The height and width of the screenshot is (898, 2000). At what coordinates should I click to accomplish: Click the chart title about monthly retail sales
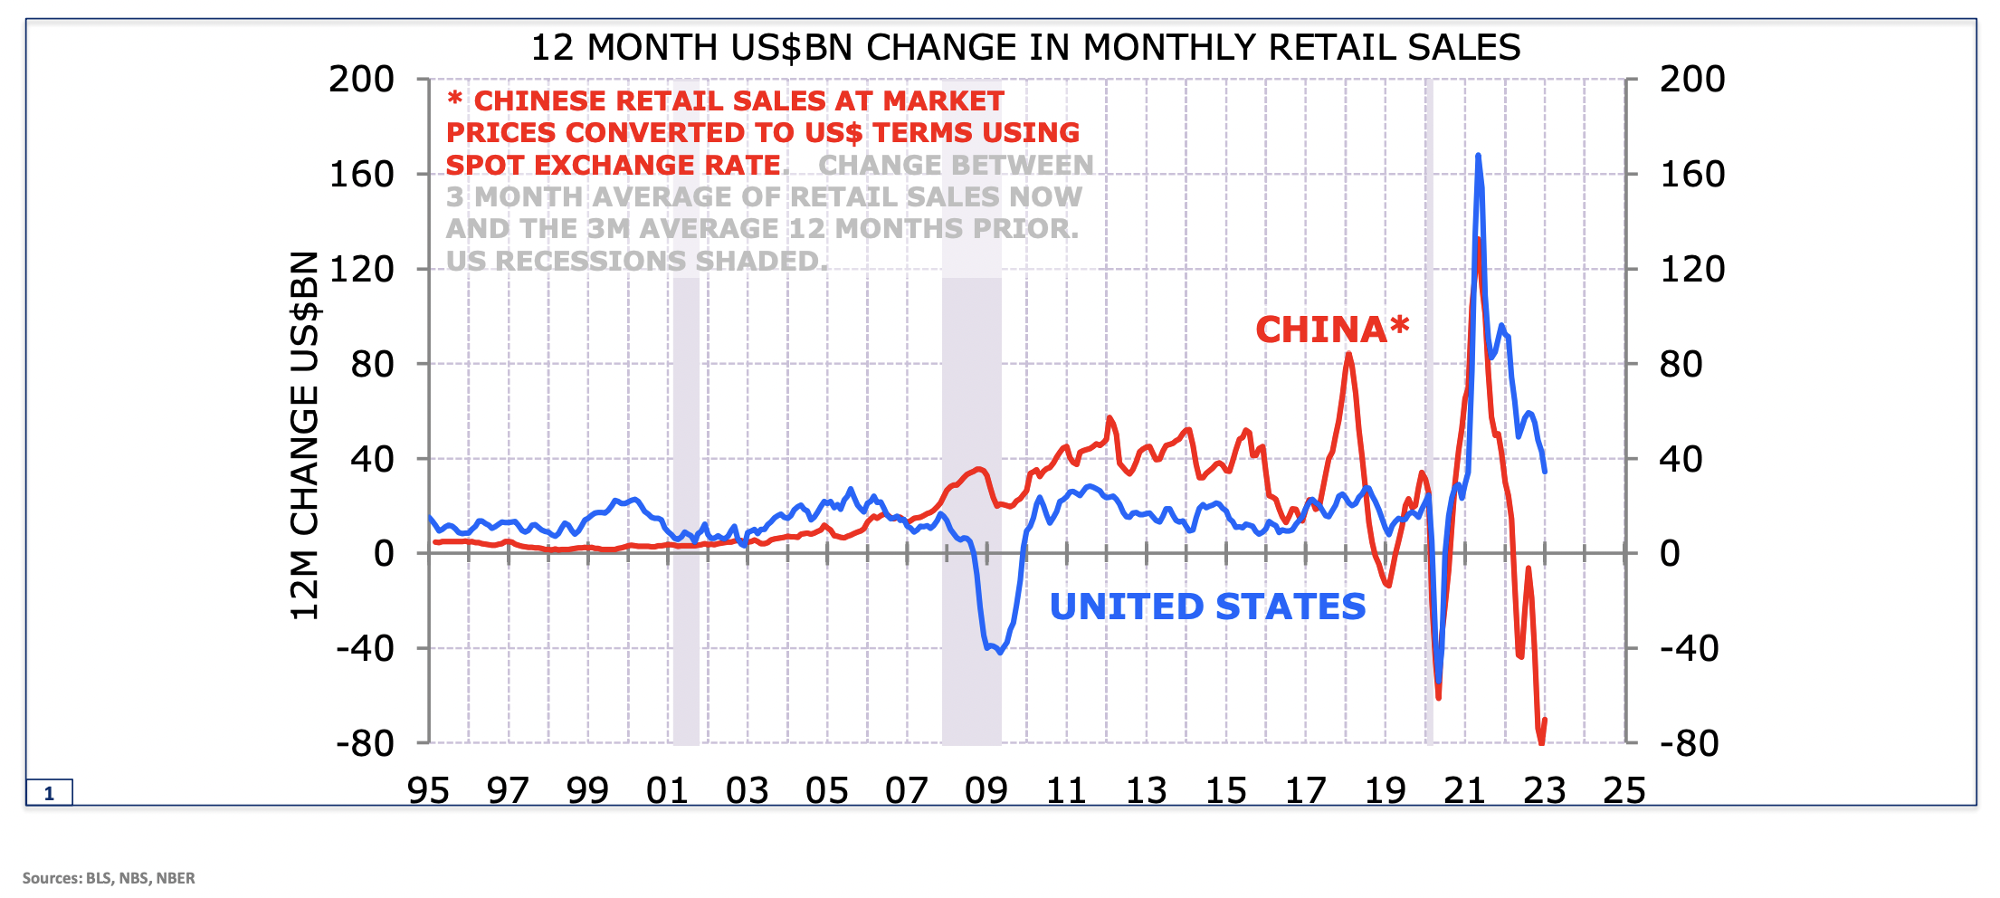click(1024, 47)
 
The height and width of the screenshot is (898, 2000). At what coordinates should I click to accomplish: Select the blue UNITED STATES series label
click(1207, 607)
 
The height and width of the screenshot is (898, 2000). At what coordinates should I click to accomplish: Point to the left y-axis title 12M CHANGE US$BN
click(305, 435)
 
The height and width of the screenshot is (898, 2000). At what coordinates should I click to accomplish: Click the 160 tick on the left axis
click(361, 174)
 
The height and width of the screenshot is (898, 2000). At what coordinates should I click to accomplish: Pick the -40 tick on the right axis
click(1689, 648)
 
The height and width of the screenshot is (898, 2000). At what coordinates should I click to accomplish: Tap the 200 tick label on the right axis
click(1691, 80)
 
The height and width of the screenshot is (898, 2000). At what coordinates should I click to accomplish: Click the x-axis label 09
click(986, 791)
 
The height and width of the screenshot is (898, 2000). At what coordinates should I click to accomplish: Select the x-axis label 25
click(1624, 791)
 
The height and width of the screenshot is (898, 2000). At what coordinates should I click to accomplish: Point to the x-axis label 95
click(428, 791)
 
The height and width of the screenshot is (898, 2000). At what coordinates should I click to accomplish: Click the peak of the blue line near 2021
click(1478, 157)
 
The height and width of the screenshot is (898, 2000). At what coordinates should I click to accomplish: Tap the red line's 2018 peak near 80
click(1348, 354)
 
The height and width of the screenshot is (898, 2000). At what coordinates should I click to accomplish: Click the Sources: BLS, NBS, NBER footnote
click(109, 878)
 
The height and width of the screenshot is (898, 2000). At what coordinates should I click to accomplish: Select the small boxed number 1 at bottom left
click(49, 793)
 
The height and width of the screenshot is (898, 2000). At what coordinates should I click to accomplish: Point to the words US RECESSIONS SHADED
click(636, 261)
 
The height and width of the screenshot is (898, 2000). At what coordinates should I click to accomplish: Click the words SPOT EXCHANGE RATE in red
click(614, 165)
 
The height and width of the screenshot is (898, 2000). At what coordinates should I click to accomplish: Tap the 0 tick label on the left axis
click(384, 553)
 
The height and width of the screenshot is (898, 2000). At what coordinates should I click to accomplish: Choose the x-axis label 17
click(1305, 791)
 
